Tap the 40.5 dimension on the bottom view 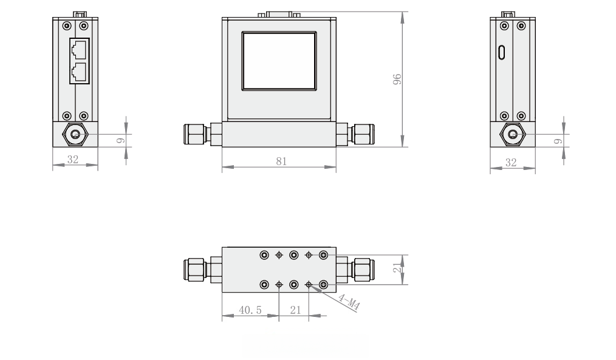(250, 310)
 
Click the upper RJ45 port (80, 50)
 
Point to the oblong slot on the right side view (502, 53)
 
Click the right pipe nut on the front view (363, 134)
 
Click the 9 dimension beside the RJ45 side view (120, 140)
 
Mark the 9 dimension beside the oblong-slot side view (558, 140)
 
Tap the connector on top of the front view (279, 14)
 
